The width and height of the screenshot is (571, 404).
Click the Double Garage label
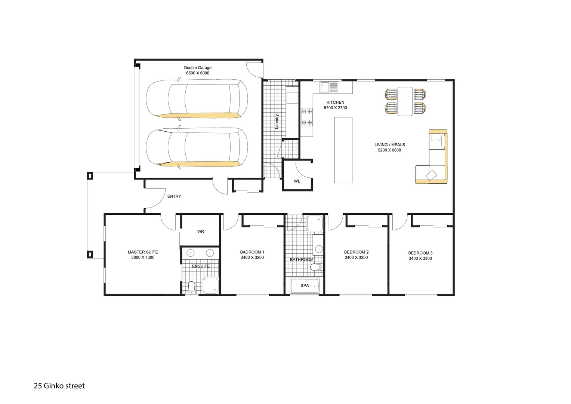pos(197,68)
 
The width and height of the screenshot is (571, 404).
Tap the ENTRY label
pos(174,196)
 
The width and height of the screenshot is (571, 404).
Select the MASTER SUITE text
pos(143,252)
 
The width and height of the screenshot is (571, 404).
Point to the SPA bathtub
pos(305,286)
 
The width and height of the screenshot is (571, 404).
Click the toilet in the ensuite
pos(192,287)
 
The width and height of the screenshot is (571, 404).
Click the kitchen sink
pos(328,87)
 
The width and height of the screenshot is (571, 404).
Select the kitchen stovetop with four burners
pos(307,117)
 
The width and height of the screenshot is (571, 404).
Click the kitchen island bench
pos(343,150)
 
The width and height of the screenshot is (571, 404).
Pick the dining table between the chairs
pos(405,101)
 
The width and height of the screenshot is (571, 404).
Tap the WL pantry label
pos(297,181)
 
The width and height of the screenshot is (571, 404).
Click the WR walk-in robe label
pos(201,232)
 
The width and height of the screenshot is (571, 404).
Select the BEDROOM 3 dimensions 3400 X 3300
pos(420,258)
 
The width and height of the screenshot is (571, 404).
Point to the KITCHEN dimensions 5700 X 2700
pos(335,108)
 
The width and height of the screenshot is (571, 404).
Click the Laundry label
pos(277,121)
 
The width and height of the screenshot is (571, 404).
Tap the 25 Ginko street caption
pos(59,386)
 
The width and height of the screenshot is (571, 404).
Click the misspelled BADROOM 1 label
pos(252,252)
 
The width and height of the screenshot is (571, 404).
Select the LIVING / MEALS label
pos(389,145)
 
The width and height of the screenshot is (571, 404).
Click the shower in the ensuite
pos(211,285)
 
